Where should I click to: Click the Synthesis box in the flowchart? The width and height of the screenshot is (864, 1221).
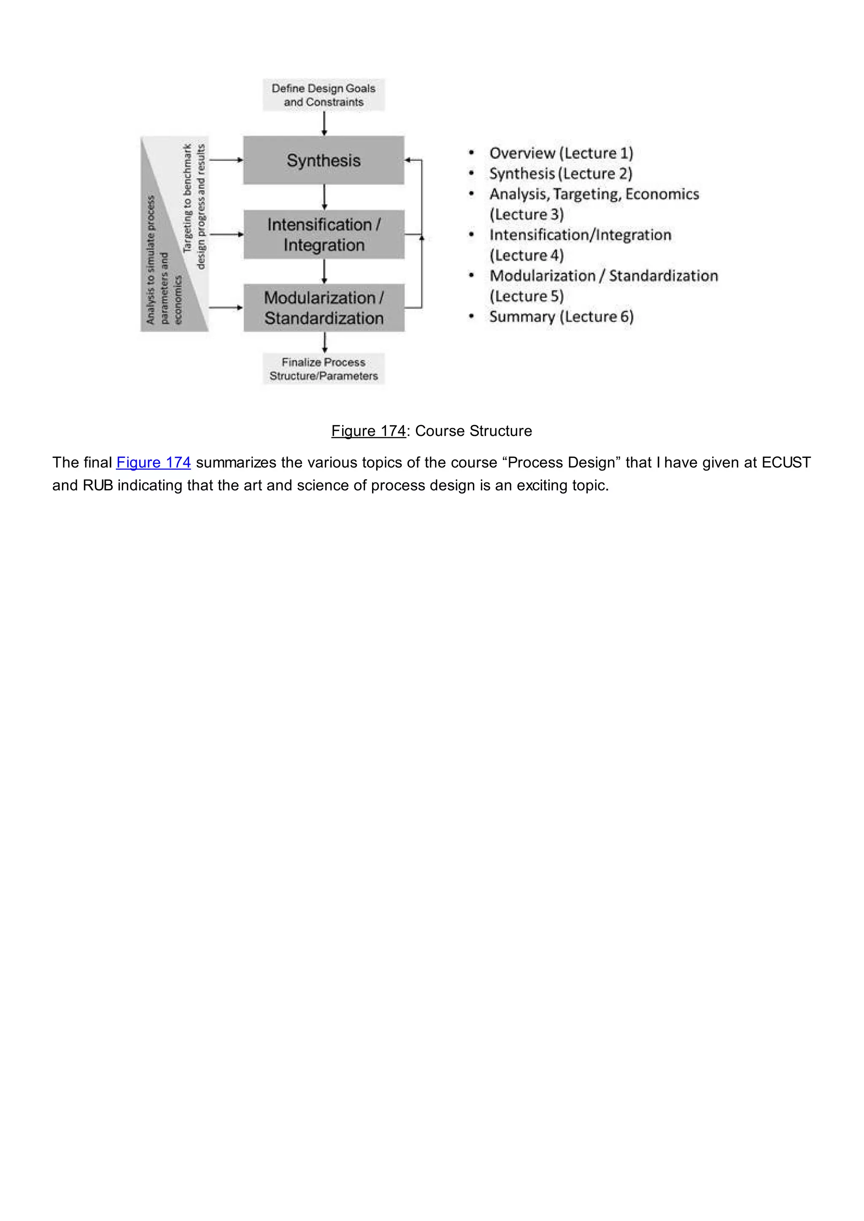(324, 160)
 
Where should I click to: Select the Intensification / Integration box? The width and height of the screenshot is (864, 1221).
(324, 234)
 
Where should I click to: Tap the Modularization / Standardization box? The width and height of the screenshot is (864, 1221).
(324, 308)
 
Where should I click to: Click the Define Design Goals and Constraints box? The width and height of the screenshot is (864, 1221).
(324, 95)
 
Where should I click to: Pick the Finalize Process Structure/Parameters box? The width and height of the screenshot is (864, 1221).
(324, 368)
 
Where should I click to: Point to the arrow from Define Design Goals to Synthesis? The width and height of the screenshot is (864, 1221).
(324, 124)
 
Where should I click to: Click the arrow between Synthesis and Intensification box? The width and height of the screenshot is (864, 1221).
(324, 197)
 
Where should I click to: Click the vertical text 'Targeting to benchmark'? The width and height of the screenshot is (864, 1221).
(187, 198)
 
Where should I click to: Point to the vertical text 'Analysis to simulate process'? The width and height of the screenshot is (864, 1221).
(151, 260)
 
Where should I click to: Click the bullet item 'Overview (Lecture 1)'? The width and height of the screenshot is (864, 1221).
(561, 153)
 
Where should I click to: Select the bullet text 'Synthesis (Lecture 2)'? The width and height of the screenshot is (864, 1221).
(560, 173)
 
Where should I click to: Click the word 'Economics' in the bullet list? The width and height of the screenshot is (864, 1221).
(662, 194)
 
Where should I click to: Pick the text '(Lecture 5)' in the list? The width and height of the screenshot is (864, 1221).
(526, 296)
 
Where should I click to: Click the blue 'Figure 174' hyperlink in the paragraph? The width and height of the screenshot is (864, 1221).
(153, 463)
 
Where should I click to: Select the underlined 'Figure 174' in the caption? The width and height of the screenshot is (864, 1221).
(368, 431)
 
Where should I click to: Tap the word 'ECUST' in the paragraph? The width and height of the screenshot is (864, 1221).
(786, 463)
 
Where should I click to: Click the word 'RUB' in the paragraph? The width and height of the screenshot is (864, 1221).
(98, 486)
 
